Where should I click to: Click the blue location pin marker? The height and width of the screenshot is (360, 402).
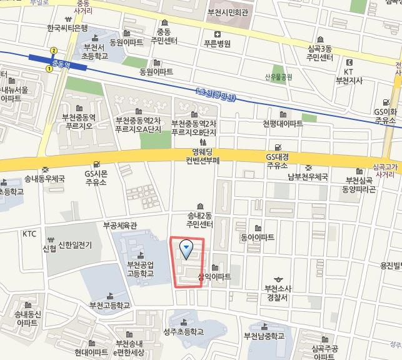(186, 249)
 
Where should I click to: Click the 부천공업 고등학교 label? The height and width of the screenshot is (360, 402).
(140, 269)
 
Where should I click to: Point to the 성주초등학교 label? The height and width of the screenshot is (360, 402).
(183, 331)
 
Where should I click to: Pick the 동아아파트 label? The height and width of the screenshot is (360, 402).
(258, 237)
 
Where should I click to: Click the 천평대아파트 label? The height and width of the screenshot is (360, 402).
(283, 123)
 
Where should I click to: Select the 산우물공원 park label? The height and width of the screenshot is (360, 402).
(279, 77)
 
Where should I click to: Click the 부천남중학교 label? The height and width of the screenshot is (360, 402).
(264, 336)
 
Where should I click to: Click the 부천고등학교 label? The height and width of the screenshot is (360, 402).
(110, 306)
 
